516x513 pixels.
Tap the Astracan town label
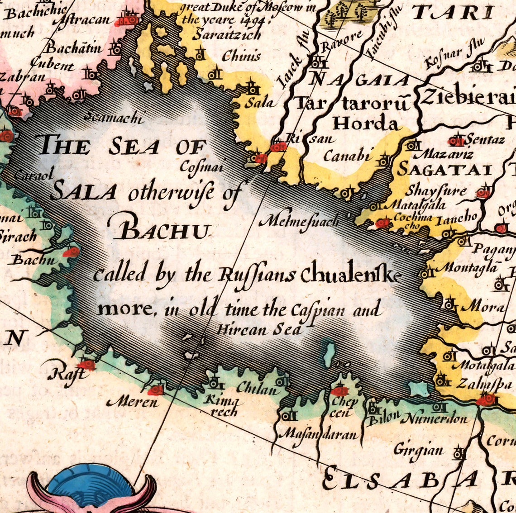pos(88,20)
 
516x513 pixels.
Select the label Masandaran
pos(320,435)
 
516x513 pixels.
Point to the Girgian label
pos(418,450)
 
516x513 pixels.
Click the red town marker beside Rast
pos(86,364)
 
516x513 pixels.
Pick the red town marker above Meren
pos(156,389)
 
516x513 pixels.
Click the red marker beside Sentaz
pos(456,142)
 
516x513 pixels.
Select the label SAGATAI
pos(444,170)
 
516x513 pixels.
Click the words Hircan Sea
pos(259,329)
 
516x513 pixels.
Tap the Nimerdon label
pos(435,418)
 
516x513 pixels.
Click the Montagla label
pos(468,268)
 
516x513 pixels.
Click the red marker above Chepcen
pos(339,390)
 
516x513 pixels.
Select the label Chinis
pos(241,56)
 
